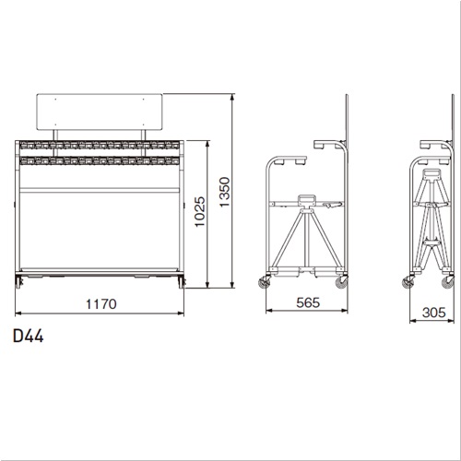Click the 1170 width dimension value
pyautogui.click(x=101, y=304)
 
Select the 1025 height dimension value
pyautogui.click(x=200, y=212)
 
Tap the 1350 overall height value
pyautogui.click(x=225, y=192)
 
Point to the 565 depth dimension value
pyautogui.click(x=308, y=302)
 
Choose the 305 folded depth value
pyautogui.click(x=434, y=313)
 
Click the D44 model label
pyautogui.click(x=28, y=336)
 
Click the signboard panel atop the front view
pyautogui.click(x=100, y=112)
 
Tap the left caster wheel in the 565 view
pyautogui.click(x=265, y=281)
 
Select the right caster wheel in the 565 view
pyautogui.click(x=342, y=282)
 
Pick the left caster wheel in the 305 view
pyautogui.click(x=408, y=281)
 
